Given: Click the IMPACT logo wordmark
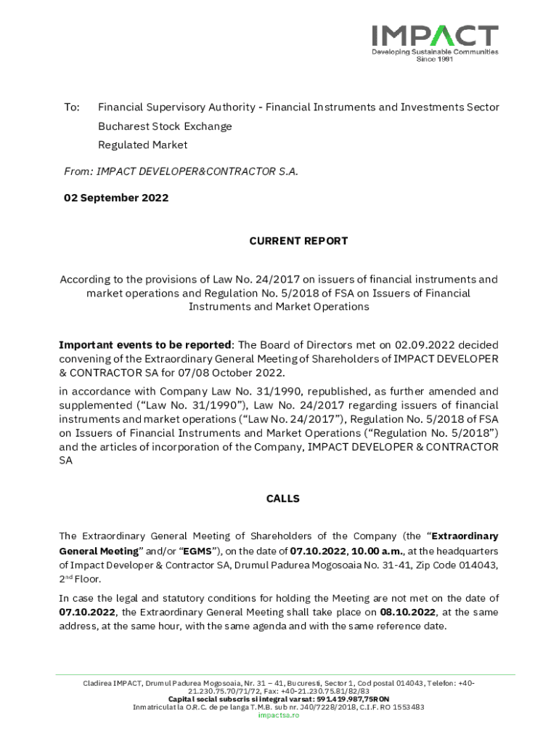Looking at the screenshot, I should (435, 36).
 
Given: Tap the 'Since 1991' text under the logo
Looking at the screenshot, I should (434, 60).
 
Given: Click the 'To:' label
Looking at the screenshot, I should (72, 108).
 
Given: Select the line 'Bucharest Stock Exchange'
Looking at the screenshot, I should (165, 126).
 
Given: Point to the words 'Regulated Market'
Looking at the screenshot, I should (142, 145).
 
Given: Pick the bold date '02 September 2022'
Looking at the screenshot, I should (116, 198).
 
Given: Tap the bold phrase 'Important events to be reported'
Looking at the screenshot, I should (145, 345).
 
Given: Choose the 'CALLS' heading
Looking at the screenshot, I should (282, 499).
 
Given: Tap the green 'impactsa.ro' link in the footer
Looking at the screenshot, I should (278, 716).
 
